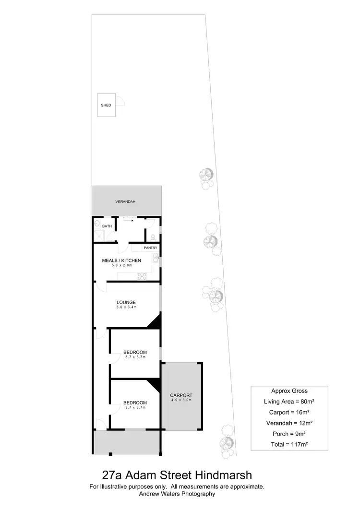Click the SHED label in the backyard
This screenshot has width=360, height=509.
click(106, 105)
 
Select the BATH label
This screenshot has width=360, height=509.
click(107, 226)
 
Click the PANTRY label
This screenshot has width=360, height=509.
click(150, 248)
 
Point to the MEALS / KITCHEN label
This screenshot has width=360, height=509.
click(121, 260)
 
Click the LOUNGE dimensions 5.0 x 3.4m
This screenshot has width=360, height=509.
click(126, 307)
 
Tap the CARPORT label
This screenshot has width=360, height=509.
click(181, 396)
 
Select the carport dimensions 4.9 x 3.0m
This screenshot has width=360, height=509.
click(181, 401)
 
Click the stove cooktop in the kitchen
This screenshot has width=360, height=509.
click(142, 275)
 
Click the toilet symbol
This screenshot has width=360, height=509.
click(153, 236)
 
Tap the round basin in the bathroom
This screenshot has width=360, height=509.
click(97, 224)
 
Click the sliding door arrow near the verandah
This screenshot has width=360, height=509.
click(128, 221)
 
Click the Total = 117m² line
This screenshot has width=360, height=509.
click(289, 444)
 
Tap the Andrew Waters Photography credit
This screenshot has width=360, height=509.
click(177, 493)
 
